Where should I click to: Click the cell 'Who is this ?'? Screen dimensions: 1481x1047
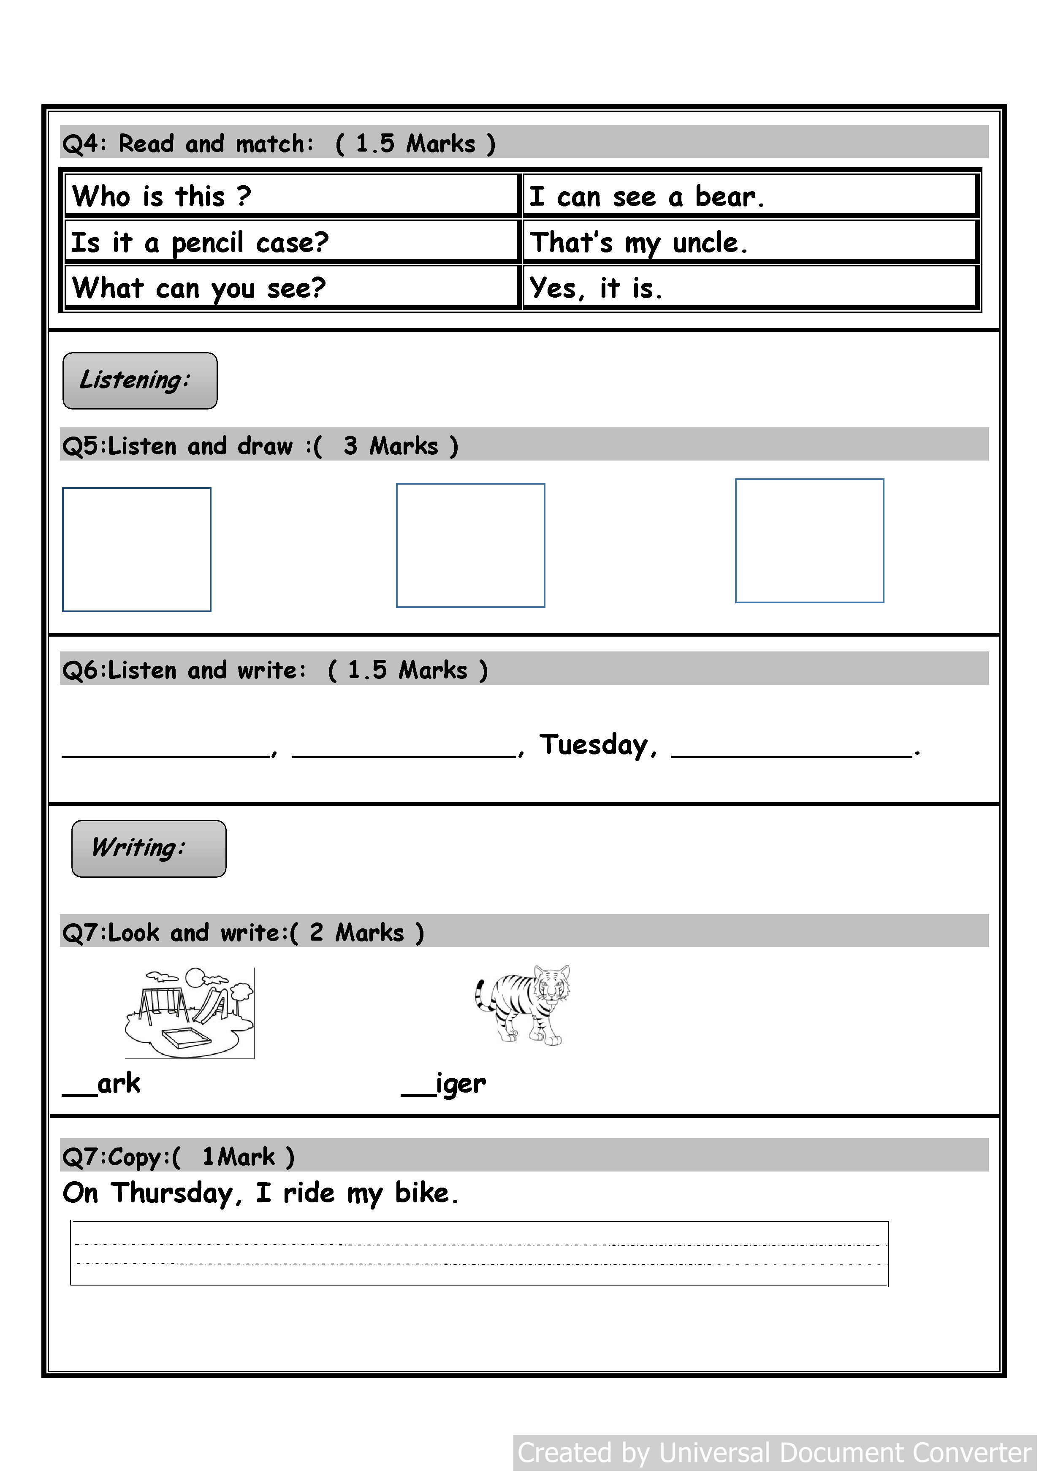(292, 196)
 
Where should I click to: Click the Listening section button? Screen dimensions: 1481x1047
(140, 380)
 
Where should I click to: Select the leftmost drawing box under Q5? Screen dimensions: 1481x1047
(137, 550)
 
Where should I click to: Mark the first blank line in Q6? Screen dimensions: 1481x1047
(165, 754)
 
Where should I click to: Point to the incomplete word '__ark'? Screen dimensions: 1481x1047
(102, 1084)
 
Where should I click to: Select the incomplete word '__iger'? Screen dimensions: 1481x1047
(444, 1084)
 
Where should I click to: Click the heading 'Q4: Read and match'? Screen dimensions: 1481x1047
(187, 143)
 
